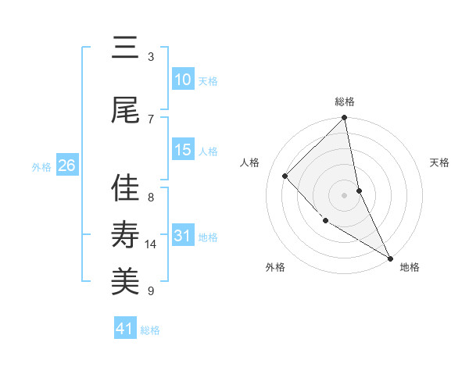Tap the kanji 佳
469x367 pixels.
click(125, 187)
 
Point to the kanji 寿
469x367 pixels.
click(125, 233)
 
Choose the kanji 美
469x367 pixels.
click(125, 280)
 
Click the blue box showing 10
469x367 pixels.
click(182, 80)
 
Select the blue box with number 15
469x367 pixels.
click(182, 150)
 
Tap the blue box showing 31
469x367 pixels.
click(182, 236)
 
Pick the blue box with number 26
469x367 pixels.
click(66, 166)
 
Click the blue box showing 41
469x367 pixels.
click(125, 329)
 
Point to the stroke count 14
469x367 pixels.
click(151, 244)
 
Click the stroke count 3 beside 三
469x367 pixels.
click(151, 56)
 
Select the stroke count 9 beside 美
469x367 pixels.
click(151, 291)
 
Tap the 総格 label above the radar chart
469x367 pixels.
click(345, 102)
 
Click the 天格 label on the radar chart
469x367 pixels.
click(440, 162)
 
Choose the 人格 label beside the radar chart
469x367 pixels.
click(250, 162)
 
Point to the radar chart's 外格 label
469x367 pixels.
click(275, 267)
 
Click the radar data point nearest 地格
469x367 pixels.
click(389, 257)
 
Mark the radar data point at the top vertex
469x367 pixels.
click(345, 119)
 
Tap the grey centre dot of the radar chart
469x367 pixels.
click(345, 195)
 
